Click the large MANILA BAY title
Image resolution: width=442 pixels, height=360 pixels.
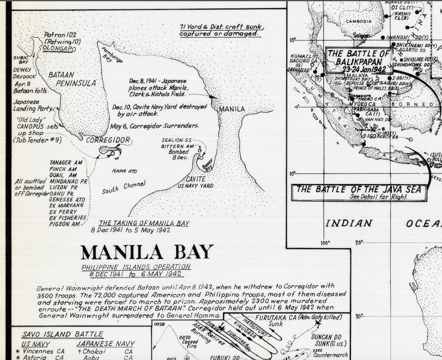pyautogui.click(x=147, y=252)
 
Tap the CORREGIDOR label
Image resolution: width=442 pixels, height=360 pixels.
pyautogui.click(x=108, y=140)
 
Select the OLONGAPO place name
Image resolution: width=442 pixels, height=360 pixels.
pyautogui.click(x=59, y=48)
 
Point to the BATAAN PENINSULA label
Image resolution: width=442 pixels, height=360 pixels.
pyautogui.click(x=72, y=79)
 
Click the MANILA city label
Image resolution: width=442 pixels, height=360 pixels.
pyautogui.click(x=232, y=109)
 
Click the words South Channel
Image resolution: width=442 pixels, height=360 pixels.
pyautogui.click(x=123, y=188)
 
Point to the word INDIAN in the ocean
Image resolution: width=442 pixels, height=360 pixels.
pyautogui.click(x=349, y=223)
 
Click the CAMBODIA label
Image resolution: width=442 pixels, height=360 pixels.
pyautogui.click(x=359, y=21)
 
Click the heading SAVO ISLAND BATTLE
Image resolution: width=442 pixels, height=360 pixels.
pyautogui.click(x=62, y=334)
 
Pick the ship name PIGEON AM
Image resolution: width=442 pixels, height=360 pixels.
pyautogui.click(x=64, y=224)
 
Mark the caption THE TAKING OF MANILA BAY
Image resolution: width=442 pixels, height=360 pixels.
pyautogui.click(x=144, y=223)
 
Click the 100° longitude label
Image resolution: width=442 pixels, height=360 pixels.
pyautogui.click(x=325, y=243)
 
